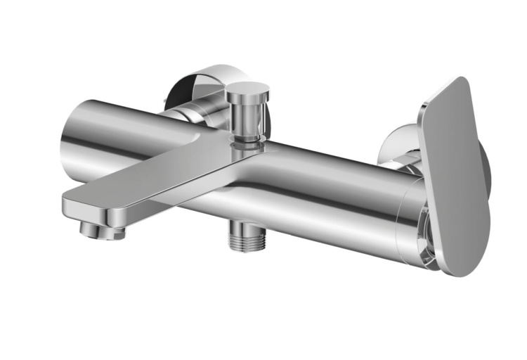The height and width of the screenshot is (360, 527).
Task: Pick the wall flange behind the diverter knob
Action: point(204,84)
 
